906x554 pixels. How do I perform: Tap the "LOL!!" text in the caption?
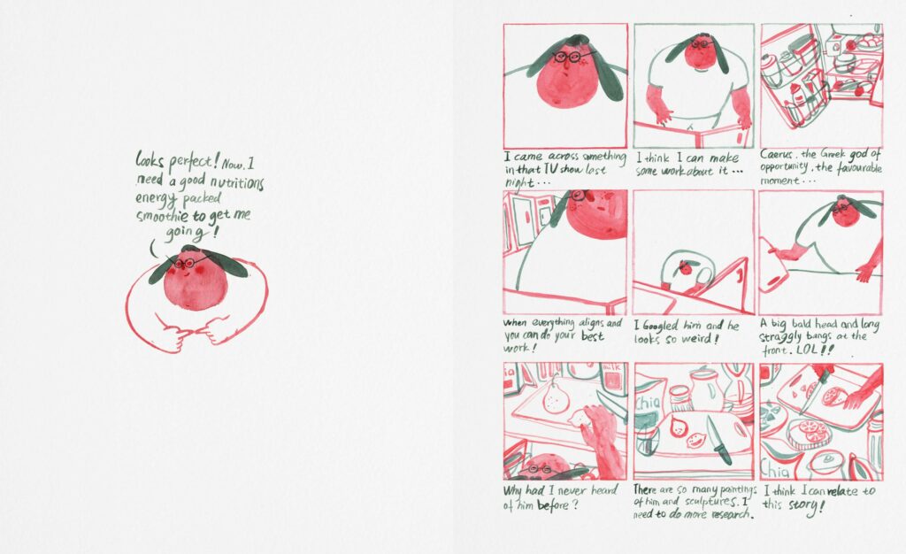(815, 350)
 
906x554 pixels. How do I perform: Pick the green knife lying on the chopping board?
(719, 440)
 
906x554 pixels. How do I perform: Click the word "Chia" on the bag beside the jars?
(649, 402)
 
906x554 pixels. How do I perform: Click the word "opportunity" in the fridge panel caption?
(784, 167)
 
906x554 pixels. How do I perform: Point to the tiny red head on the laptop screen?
(686, 267)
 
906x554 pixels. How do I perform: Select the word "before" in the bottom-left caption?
(553, 506)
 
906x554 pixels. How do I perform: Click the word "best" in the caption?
(592, 336)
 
